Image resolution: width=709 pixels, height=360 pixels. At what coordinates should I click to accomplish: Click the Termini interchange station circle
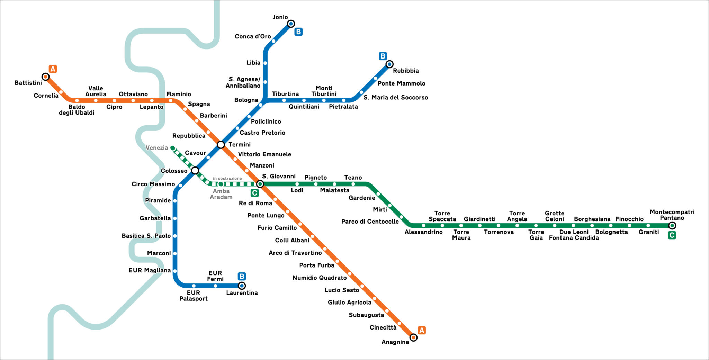[x=221, y=144]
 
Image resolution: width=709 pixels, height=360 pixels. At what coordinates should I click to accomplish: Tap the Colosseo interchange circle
[x=195, y=170]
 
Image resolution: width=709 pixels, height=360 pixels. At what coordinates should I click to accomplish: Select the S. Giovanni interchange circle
[x=260, y=184]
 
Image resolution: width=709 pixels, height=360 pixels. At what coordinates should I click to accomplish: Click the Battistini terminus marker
[x=45, y=76]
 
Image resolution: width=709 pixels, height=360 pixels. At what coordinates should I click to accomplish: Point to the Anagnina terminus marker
[x=413, y=337]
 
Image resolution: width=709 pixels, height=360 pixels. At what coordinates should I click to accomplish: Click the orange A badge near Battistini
[x=53, y=69]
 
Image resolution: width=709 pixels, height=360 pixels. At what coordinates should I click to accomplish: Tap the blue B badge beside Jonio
[x=298, y=32]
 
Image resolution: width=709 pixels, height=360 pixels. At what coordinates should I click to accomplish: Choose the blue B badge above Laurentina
[x=242, y=276]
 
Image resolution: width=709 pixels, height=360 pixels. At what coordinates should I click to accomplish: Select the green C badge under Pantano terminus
[x=672, y=235]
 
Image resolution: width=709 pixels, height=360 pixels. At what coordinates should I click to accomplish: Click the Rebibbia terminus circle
[x=389, y=64]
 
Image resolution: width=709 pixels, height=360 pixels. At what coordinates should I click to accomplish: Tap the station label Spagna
[x=199, y=104]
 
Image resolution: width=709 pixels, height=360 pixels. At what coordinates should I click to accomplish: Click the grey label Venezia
[x=156, y=148]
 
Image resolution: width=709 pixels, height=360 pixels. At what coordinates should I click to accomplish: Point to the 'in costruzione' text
[x=227, y=179]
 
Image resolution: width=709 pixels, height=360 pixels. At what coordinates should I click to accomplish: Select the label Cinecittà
[x=383, y=327]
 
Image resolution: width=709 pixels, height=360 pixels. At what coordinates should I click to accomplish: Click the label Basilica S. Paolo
[x=146, y=236]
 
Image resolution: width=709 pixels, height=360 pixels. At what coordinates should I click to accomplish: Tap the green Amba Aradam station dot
[x=221, y=184]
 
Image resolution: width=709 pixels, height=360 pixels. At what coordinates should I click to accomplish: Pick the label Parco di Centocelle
[x=370, y=222]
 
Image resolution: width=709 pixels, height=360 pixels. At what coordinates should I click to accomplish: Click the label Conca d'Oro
[x=253, y=36]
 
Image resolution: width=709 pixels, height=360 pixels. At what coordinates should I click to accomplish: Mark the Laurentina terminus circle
[x=242, y=286]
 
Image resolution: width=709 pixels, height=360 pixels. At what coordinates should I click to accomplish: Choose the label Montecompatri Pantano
[x=672, y=215]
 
